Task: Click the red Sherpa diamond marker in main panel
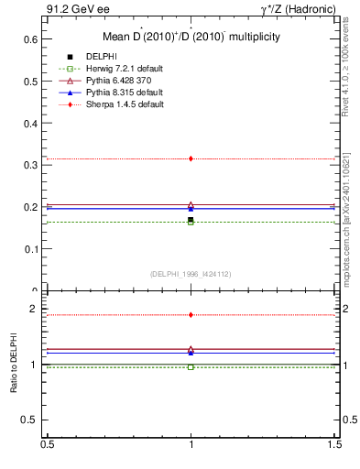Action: [x=191, y=158]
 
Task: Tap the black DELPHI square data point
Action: [x=191, y=220]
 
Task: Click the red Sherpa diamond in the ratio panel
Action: [x=191, y=315]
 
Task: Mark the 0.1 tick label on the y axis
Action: [x=30, y=249]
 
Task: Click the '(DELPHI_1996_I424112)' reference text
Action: [x=191, y=273]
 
